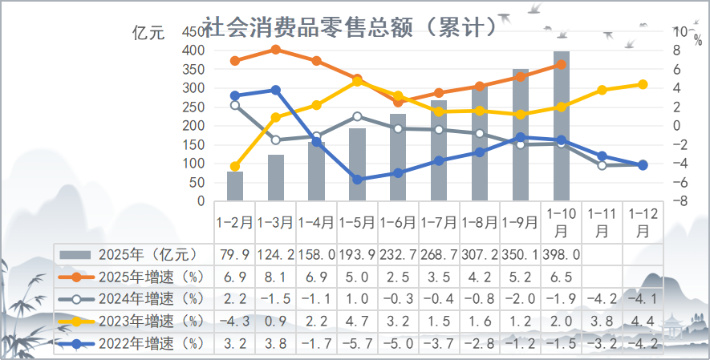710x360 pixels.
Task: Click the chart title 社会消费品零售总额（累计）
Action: coord(350,28)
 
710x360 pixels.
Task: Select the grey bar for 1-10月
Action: coord(562,126)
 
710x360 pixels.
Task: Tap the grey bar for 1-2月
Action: coord(235,186)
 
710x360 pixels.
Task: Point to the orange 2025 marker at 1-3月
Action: coord(276,50)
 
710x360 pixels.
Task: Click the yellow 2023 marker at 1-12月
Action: coord(643,84)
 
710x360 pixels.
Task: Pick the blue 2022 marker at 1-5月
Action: coord(358,180)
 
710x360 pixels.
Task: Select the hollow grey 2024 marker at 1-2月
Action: coord(235,105)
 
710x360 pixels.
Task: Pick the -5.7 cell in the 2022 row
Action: coord(358,345)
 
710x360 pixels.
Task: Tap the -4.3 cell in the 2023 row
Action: coord(235,322)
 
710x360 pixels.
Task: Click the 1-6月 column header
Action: coord(399,219)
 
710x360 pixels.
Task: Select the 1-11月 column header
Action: coord(602,221)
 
